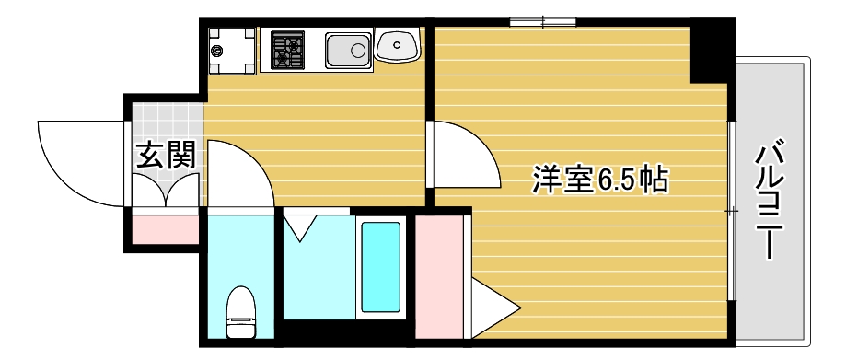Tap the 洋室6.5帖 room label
(x=599, y=179)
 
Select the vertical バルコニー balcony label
(x=771, y=199)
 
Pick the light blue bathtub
(x=381, y=268)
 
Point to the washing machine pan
(x=231, y=51)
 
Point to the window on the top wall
(x=543, y=21)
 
